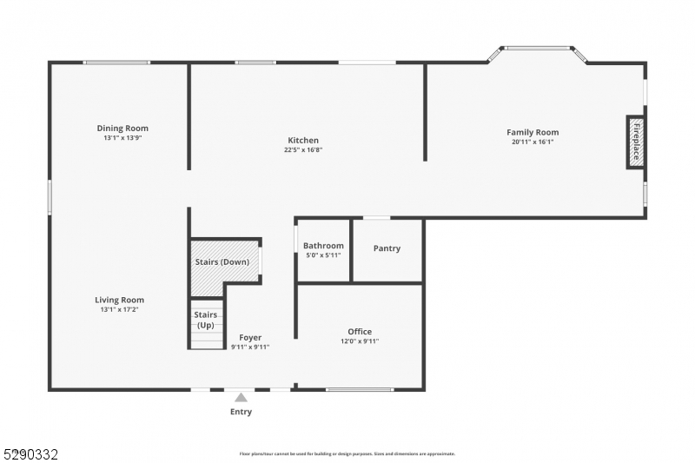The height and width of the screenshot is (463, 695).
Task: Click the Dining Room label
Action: (122, 129)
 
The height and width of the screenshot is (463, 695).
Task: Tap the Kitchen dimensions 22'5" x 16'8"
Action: (303, 149)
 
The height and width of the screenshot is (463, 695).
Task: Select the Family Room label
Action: (533, 132)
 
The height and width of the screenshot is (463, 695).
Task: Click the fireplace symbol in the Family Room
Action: (635, 142)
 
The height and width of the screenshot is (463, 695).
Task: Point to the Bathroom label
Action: (323, 246)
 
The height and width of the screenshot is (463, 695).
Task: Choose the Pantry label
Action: (387, 248)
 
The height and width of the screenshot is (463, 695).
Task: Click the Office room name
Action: (360, 332)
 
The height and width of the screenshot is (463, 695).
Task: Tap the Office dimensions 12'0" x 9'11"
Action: (360, 341)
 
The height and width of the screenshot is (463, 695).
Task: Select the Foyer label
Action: (250, 338)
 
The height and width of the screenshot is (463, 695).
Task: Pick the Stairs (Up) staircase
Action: (206, 324)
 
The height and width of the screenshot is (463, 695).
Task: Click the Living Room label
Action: (120, 300)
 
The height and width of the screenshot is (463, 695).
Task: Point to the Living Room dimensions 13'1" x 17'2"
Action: (120, 309)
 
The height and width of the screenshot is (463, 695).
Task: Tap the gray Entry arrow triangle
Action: (241, 398)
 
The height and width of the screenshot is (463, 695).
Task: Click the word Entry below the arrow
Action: (241, 412)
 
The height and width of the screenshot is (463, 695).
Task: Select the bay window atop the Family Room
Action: (538, 49)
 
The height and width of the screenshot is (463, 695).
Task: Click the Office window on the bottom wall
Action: (359, 389)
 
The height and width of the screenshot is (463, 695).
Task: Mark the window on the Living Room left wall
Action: (50, 196)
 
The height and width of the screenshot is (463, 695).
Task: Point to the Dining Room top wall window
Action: (116, 62)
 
